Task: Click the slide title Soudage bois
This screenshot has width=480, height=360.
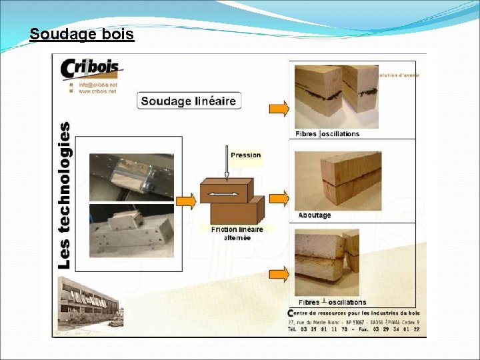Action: [82, 33]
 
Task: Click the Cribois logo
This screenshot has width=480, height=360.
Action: [89, 69]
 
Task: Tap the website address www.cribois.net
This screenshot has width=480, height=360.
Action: [97, 92]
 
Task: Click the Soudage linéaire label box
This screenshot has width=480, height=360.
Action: [189, 101]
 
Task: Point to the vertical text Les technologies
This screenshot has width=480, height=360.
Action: [64, 195]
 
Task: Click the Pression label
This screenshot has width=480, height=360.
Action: [245, 155]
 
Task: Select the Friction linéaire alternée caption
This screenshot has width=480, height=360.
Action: [237, 233]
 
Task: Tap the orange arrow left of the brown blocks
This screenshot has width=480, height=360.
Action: [189, 198]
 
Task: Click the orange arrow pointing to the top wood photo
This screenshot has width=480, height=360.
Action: [279, 109]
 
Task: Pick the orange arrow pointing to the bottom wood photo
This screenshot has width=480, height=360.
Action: [279, 274]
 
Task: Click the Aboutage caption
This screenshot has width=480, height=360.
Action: [314, 215]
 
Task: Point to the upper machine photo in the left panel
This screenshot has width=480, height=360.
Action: [131, 176]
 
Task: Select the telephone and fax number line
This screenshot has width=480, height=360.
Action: [353, 329]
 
